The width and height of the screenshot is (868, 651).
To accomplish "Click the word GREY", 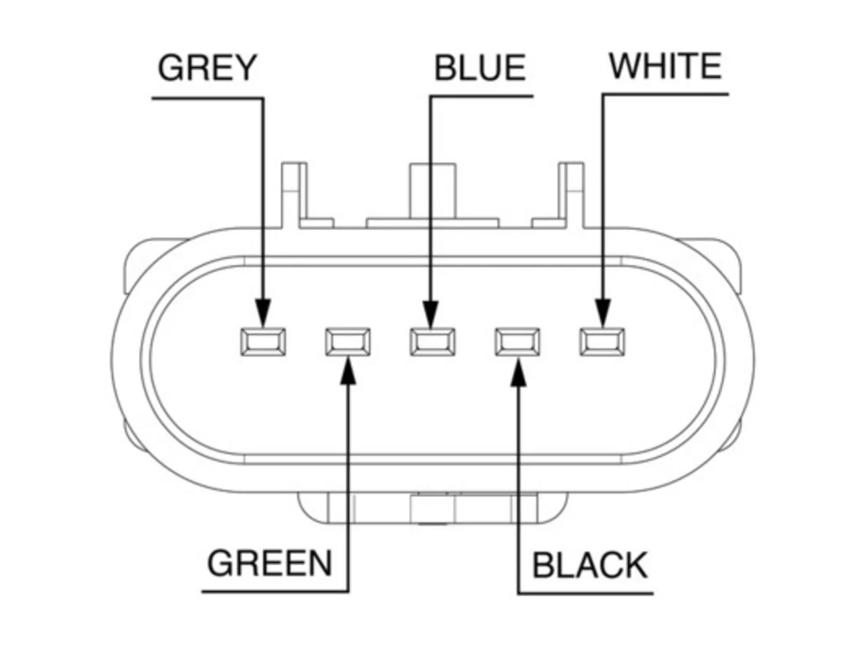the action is pos(208,68).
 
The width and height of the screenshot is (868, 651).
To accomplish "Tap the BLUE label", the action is pos(479,68).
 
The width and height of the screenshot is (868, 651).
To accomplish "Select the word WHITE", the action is pos(665,66).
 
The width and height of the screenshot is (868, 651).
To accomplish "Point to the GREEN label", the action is pos(269,564).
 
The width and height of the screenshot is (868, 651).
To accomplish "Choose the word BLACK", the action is pos(589,566).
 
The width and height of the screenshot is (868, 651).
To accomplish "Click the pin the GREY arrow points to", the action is pos(263,342).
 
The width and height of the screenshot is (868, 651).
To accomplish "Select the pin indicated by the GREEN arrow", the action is pos(348,342).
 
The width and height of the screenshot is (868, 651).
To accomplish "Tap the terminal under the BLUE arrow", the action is pos(432,342).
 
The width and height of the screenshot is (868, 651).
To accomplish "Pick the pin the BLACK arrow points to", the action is pos(517,342).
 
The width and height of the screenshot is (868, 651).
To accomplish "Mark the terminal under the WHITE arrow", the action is pos(602,342).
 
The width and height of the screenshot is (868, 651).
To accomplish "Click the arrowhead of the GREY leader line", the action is pos(263,313).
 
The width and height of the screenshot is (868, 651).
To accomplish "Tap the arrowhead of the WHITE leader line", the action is pos(603,313).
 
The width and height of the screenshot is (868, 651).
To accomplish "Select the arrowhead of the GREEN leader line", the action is pos(348,370).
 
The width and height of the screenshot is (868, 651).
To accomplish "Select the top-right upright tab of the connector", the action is pos(571,195).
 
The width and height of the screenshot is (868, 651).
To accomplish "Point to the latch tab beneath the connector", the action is pos(433,509).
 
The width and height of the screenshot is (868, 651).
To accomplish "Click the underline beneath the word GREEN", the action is pos(275,592).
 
